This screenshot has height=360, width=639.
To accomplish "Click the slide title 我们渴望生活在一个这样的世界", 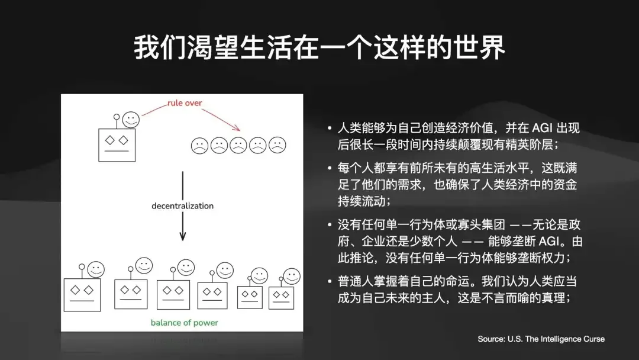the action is coord(319,48).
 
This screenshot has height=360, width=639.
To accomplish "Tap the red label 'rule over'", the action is coord(184,103).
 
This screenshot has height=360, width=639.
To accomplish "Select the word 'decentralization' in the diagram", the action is coord(182,206).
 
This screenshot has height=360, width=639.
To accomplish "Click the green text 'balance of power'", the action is coord(184,323).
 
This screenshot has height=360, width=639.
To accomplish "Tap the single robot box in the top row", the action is coord(117,144).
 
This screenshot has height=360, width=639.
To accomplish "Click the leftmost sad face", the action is coord(199,144).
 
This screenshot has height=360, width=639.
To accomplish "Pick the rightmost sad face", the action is coord(277,144).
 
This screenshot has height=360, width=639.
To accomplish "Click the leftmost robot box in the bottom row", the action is coord(82,294).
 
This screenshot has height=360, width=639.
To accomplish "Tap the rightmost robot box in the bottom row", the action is coord(281,297).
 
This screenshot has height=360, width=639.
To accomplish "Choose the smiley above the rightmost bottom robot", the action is coord(291,276).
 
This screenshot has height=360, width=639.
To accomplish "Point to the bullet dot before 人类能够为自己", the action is coord(330,128).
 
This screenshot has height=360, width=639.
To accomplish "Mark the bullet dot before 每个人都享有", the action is coord(330,168).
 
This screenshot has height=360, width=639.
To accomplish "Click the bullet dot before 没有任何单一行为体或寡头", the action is coord(330,226).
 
